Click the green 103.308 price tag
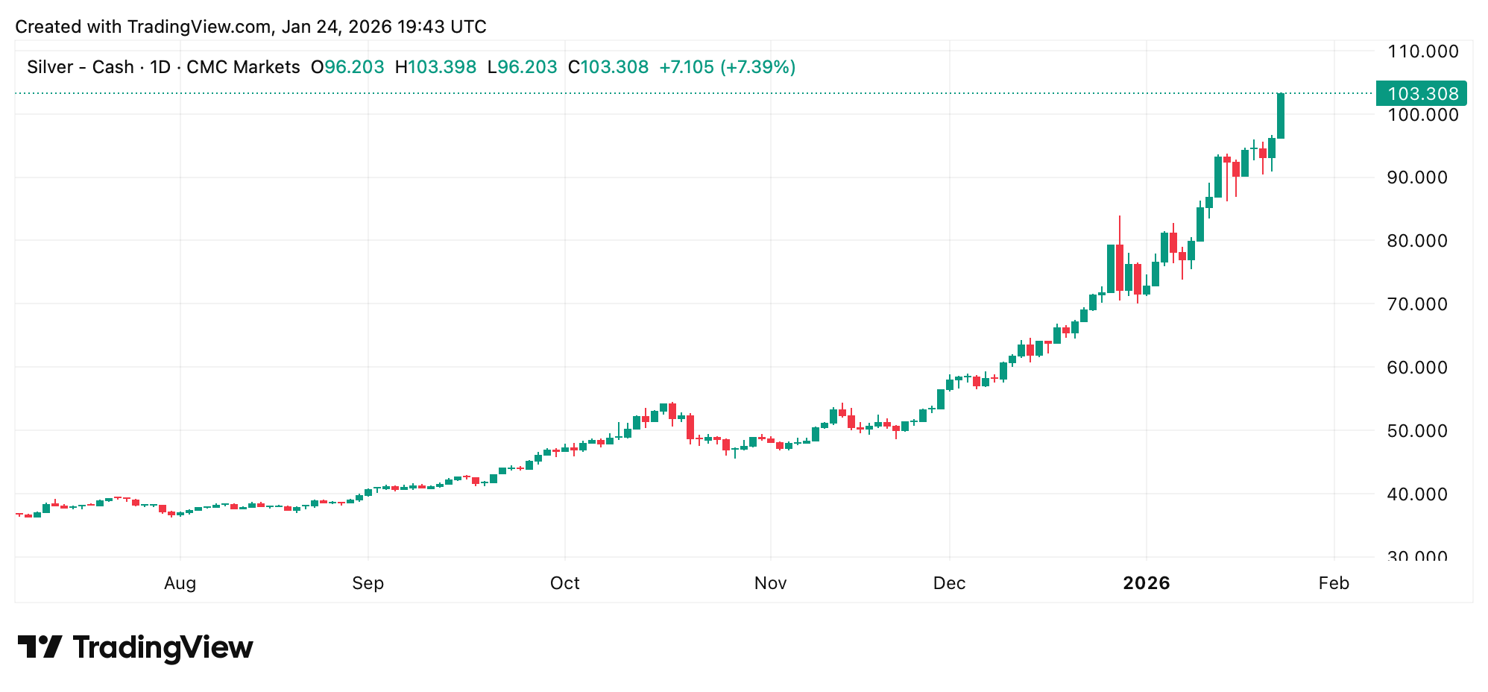pos(1422,94)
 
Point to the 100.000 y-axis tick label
pos(1422,115)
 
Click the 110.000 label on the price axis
pos(1422,51)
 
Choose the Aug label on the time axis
pos(180,583)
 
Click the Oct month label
pos(564,583)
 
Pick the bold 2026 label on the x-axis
pos(1147,583)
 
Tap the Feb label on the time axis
pos(1334,583)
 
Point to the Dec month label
pos(949,583)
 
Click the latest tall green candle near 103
pos(1281,116)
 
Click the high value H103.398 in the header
pos(435,67)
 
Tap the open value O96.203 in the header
pos(347,67)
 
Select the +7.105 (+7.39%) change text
pos(727,67)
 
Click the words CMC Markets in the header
pos(243,67)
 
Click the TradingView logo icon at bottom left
pos(40,647)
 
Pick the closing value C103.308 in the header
pos(608,67)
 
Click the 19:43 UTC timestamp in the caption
pos(441,27)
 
